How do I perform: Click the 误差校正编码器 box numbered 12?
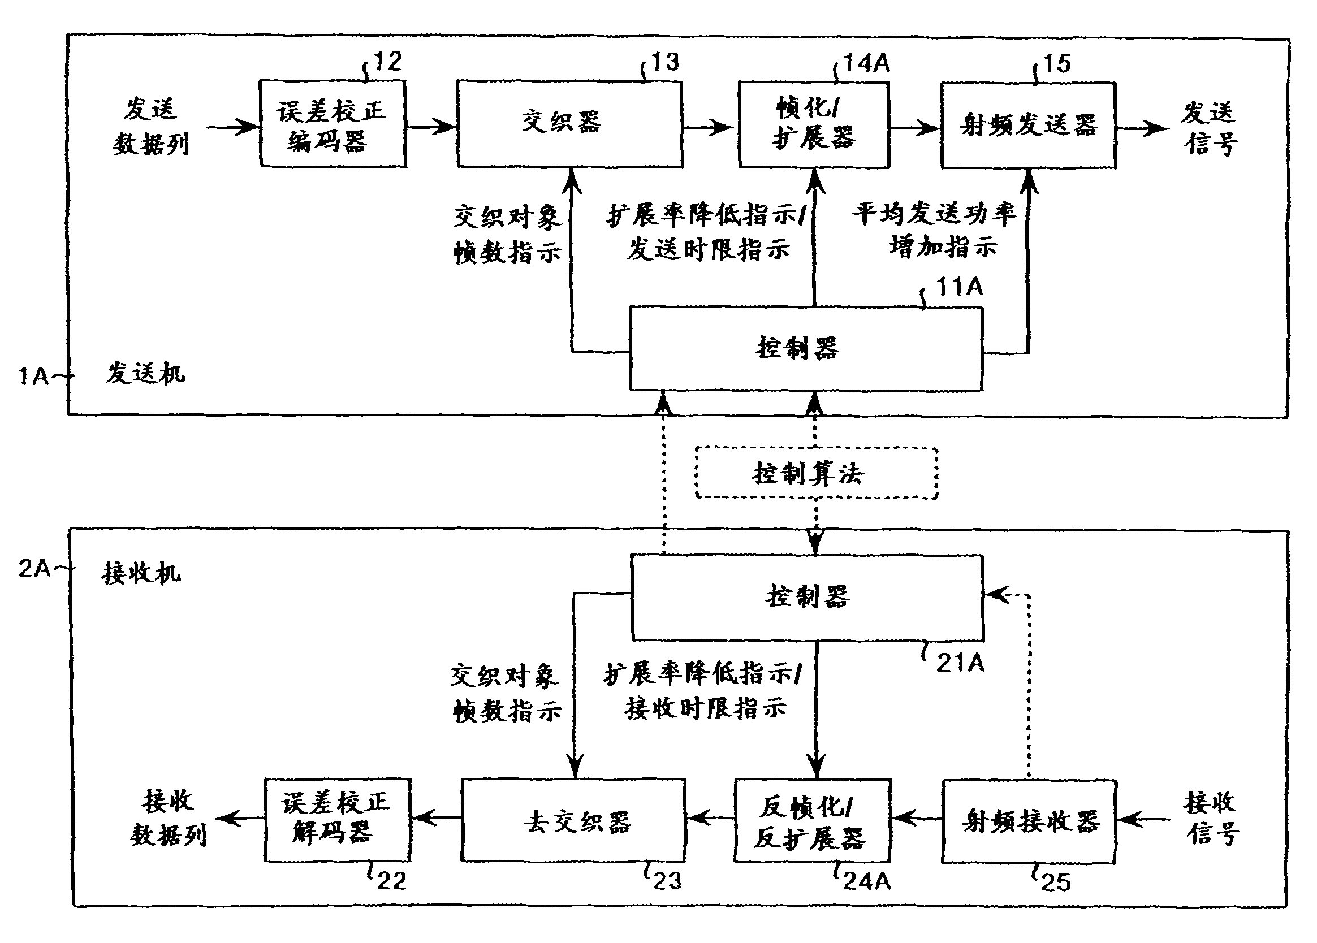332,124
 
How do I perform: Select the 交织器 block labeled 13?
569,124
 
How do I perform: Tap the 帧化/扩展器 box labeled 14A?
814,125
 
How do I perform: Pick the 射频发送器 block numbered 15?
1029,126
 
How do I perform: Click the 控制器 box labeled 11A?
806,349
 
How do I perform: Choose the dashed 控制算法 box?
816,473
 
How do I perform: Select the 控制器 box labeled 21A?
807,598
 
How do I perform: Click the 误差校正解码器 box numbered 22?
338,820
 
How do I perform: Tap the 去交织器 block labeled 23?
573,820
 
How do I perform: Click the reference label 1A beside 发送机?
34,377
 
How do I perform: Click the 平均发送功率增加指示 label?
935,230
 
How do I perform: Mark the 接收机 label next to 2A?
141,573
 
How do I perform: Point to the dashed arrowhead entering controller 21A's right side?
994,595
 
